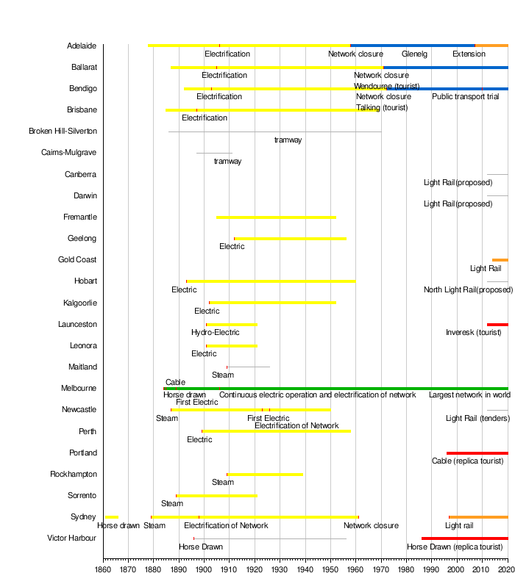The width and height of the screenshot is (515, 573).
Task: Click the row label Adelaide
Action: [x=81, y=46]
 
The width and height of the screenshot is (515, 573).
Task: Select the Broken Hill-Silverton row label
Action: [x=63, y=131]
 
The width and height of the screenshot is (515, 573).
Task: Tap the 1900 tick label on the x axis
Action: [x=204, y=568]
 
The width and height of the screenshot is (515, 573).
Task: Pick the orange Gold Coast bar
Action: [x=500, y=260]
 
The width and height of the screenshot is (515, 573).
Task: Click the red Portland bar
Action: [x=477, y=453]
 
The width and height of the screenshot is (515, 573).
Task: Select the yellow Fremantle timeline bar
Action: [x=276, y=217]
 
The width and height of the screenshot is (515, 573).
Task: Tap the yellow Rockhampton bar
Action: [x=265, y=475]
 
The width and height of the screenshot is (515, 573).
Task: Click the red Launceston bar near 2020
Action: [x=497, y=325]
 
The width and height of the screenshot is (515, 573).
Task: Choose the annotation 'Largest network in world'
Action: [x=468, y=395]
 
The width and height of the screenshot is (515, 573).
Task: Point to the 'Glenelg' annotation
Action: [x=414, y=54]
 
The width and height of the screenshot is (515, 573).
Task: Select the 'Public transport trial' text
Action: [x=465, y=97]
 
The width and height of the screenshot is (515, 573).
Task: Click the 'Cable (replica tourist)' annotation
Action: [x=468, y=461]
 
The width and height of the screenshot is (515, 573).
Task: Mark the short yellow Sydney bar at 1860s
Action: [x=112, y=517]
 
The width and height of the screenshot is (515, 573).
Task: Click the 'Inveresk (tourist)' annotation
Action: [x=473, y=333]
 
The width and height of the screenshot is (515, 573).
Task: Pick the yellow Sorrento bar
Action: [x=216, y=496]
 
